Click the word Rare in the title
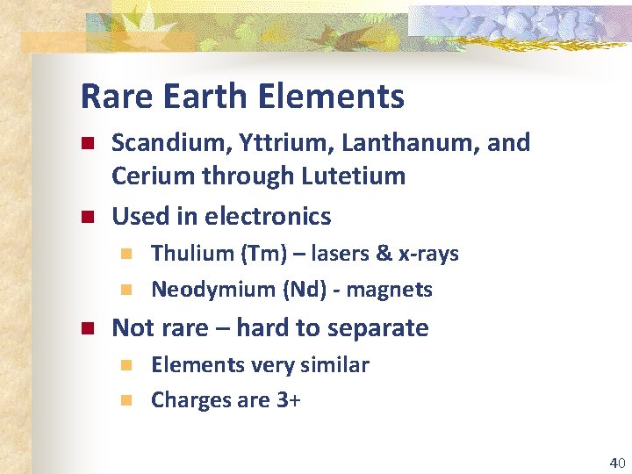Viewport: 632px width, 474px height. pos(109,97)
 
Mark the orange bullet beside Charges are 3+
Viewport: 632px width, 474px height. pos(126,400)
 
